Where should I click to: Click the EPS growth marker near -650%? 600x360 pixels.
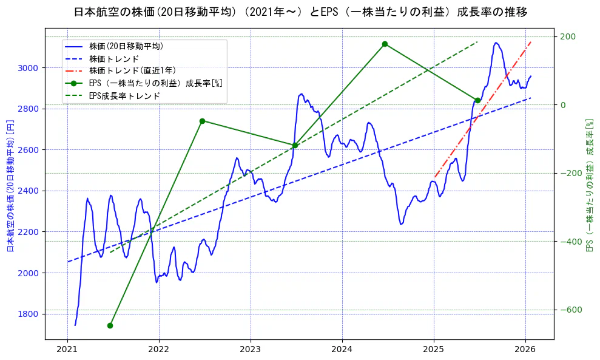(110, 325)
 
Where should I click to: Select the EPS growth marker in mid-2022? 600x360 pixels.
(202, 121)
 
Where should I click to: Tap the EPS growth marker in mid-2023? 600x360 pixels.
(294, 146)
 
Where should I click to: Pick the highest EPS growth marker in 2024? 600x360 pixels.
(385, 44)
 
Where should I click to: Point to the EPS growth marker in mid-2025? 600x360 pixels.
(477, 100)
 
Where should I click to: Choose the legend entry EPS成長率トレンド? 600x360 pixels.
(124, 95)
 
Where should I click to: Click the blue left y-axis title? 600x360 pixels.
(10, 185)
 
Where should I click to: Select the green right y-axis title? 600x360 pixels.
(588, 185)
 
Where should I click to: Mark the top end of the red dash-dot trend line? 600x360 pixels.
(531, 42)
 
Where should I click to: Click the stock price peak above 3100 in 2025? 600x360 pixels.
(496, 43)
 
